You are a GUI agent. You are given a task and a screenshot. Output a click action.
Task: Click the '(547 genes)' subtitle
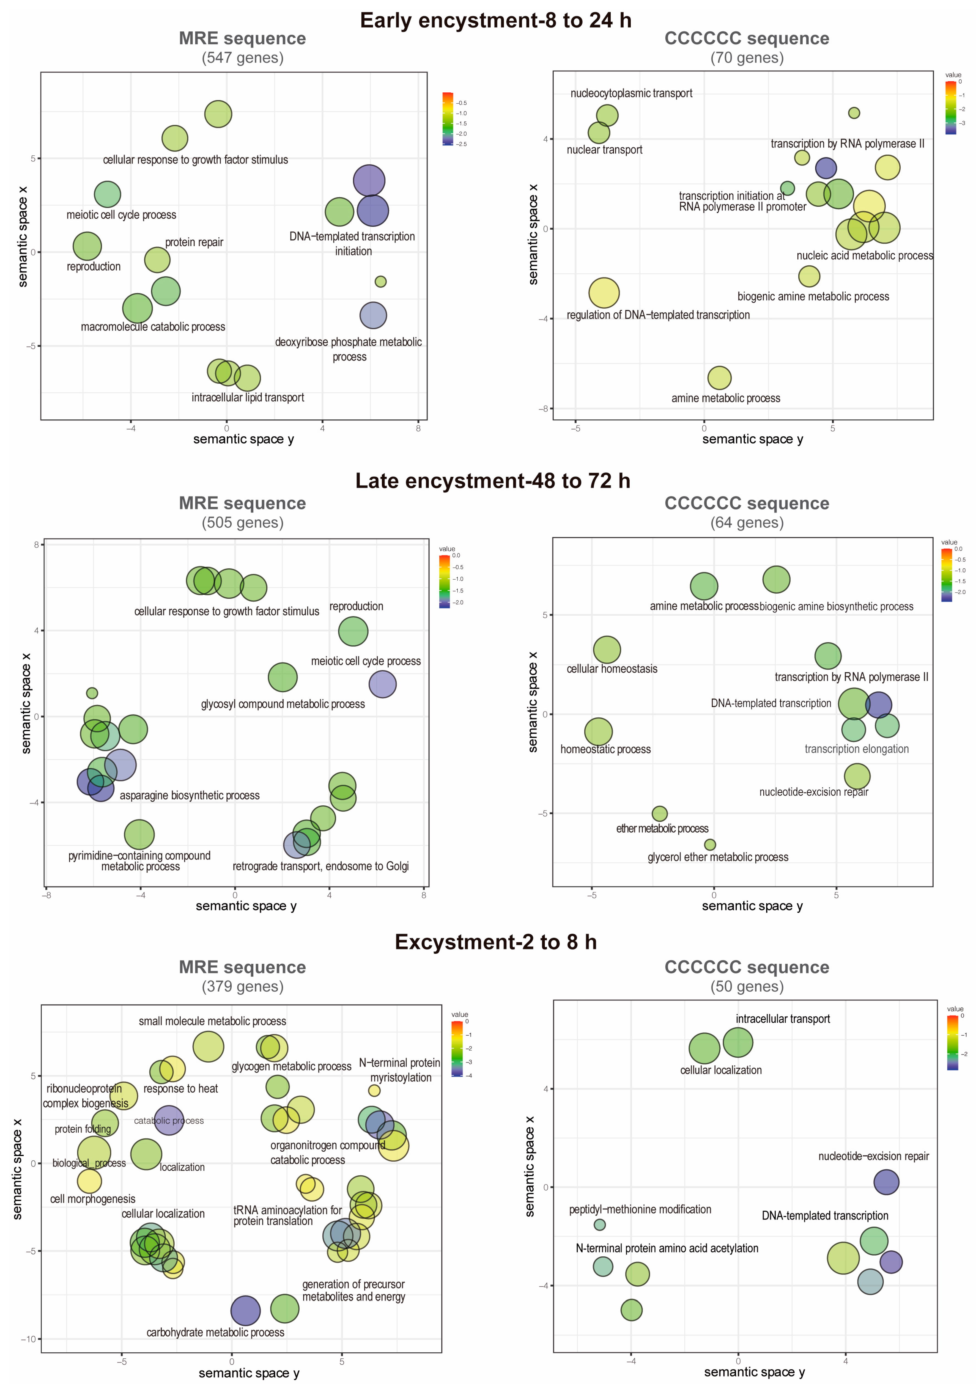pyautogui.click(x=242, y=58)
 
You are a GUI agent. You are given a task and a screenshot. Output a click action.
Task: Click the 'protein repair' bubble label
pyautogui.click(x=194, y=242)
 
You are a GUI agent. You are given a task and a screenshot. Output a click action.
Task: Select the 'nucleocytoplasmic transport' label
pyautogui.click(x=631, y=93)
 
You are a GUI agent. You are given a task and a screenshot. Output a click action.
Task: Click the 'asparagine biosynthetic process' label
pyautogui.click(x=189, y=796)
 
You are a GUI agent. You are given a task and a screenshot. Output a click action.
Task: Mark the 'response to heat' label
pyautogui.click(x=180, y=1089)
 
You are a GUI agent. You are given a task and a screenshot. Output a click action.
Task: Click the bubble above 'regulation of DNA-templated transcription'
pyautogui.click(x=604, y=293)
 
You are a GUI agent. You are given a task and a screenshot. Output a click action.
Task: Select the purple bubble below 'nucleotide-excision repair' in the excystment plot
pyautogui.click(x=886, y=1182)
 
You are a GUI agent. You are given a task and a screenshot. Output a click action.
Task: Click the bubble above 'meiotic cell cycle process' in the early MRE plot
pyautogui.click(x=107, y=194)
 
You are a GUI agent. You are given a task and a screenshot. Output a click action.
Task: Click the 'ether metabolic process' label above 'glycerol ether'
pyautogui.click(x=662, y=829)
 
